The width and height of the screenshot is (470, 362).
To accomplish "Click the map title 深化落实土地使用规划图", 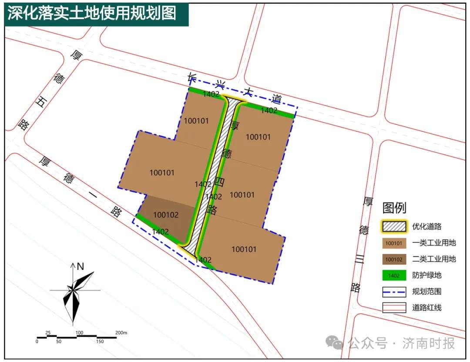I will pyautogui.click(x=91, y=13).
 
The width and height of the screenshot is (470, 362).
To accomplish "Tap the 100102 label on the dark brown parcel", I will pyautogui.click(x=166, y=215).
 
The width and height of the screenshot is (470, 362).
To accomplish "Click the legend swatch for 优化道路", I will pyautogui.click(x=394, y=226).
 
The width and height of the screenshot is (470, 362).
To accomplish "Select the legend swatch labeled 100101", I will pyautogui.click(x=394, y=243).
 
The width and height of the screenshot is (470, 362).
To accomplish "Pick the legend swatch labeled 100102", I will pyautogui.click(x=394, y=259).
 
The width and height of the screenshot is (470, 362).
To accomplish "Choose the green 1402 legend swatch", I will pyautogui.click(x=394, y=276).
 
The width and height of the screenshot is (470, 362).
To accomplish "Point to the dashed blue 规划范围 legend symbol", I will pyautogui.click(x=394, y=292).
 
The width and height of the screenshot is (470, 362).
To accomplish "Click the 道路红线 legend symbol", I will pyautogui.click(x=394, y=308).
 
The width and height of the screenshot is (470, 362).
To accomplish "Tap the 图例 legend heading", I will pyautogui.click(x=394, y=208).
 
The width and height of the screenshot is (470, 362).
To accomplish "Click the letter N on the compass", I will pyautogui.click(x=80, y=266).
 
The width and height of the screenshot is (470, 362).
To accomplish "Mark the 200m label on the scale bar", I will pyautogui.click(x=121, y=333).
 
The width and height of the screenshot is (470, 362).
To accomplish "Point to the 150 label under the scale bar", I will pyautogui.click(x=100, y=342).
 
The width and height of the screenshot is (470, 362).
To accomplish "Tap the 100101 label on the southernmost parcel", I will pyautogui.click(x=244, y=249).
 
